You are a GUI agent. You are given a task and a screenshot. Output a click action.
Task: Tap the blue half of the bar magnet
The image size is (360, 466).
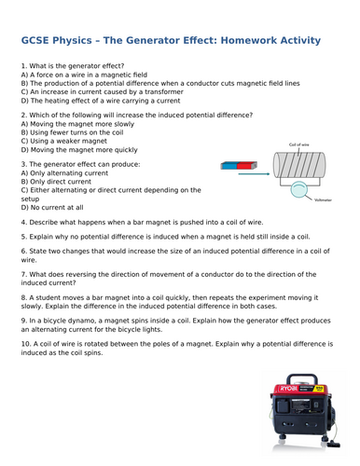[x=230, y=166]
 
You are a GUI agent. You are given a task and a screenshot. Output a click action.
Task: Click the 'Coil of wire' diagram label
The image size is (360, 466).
[x=299, y=144]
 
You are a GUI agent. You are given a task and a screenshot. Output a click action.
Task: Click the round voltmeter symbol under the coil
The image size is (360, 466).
[x=299, y=190]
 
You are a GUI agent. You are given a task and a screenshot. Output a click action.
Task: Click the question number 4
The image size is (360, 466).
[x=22, y=223]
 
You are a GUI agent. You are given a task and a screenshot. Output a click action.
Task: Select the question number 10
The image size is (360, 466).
[x=24, y=358]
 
